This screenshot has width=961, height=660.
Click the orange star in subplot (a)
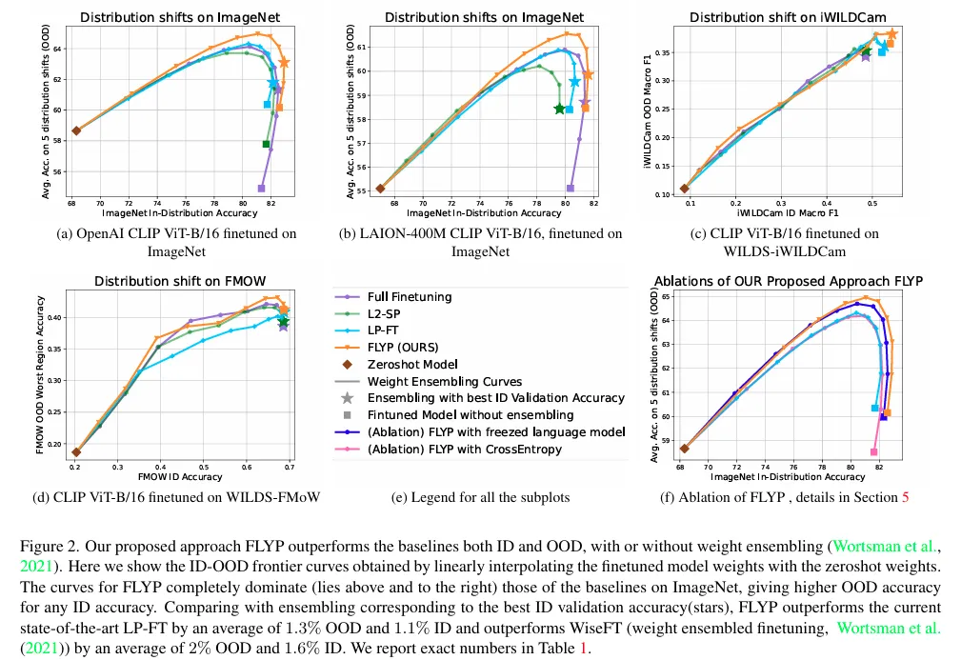284,63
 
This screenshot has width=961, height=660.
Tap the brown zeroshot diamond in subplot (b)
380,189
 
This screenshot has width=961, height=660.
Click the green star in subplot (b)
559,109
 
